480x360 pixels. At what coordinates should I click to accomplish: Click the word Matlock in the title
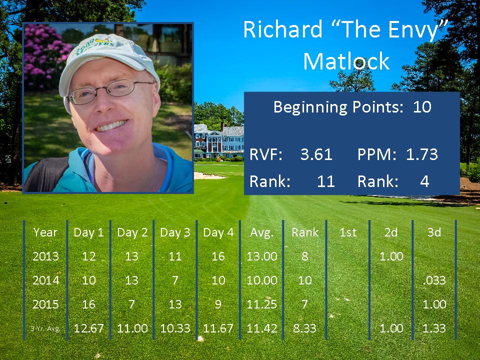(346, 61)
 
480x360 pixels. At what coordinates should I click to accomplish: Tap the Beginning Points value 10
(422, 107)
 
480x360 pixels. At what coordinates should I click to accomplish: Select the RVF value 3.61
(316, 154)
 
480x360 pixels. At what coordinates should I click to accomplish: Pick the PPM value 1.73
(422, 154)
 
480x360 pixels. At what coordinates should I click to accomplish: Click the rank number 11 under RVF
(325, 181)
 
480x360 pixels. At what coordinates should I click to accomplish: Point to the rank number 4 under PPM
(424, 181)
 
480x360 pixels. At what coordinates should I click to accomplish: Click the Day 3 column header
(175, 232)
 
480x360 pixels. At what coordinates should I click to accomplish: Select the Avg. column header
(261, 232)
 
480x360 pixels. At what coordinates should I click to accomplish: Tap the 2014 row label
(45, 280)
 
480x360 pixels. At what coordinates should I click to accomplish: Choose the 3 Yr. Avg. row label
(45, 329)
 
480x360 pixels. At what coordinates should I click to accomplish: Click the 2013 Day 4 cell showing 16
(218, 256)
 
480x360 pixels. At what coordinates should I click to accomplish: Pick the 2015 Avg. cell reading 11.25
(261, 304)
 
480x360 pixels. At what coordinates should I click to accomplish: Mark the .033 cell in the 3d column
(434, 280)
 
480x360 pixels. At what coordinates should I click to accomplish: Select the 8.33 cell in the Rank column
(304, 328)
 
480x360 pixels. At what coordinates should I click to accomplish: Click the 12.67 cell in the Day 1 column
(89, 328)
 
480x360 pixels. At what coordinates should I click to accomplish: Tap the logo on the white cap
(96, 45)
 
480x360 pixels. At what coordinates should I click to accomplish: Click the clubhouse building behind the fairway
(219, 141)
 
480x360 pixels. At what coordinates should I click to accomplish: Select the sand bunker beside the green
(209, 175)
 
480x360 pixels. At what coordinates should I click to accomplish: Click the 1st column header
(348, 232)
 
